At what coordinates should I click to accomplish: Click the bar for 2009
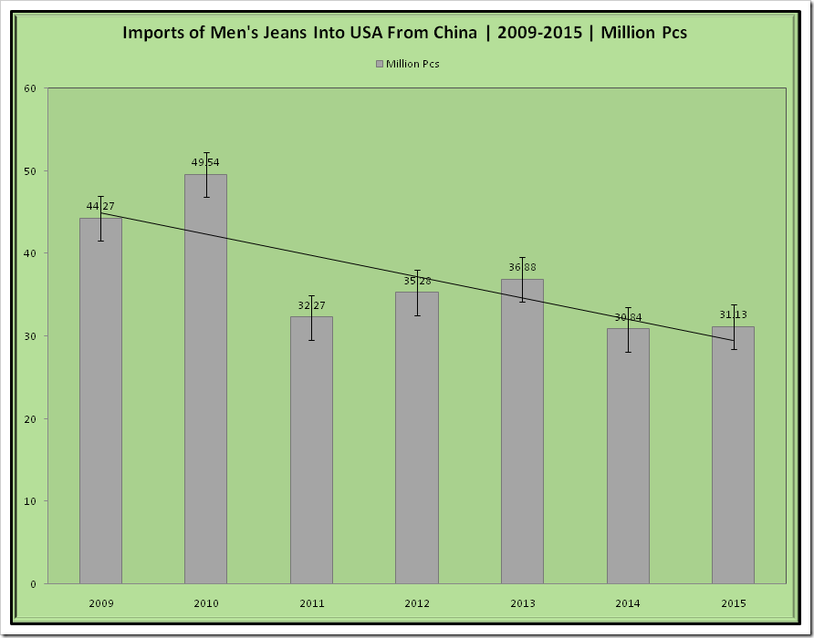point(100,401)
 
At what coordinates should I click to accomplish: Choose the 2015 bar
point(733,455)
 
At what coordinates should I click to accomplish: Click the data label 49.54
point(205,162)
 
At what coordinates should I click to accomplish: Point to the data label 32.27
point(311,305)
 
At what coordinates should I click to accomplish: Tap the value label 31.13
point(733,315)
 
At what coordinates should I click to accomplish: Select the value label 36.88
point(522,267)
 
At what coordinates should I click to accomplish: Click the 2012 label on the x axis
point(416,603)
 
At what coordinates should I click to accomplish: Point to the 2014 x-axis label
point(627,603)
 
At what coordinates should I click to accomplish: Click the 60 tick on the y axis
point(30,88)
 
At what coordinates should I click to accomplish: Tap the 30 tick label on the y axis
point(30,336)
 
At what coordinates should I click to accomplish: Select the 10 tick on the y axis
point(30,501)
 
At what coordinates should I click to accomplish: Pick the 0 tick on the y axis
point(33,584)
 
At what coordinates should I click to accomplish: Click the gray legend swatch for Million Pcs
point(379,64)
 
